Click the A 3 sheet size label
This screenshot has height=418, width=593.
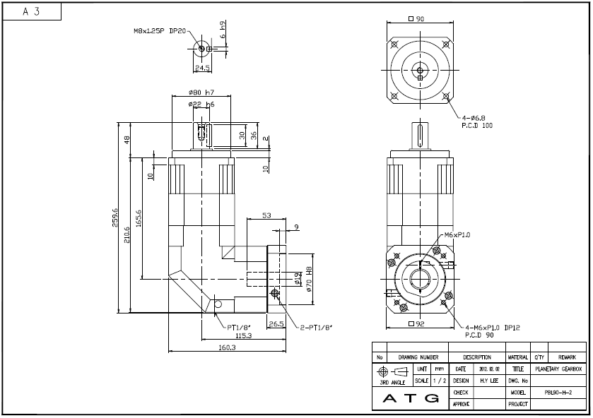(30, 11)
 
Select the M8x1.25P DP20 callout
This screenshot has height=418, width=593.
(160, 31)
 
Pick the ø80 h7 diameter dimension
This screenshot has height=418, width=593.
(201, 93)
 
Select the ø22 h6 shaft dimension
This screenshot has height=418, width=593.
(201, 104)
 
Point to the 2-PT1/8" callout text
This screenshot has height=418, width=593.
(316, 327)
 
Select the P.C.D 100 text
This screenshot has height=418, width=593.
(477, 125)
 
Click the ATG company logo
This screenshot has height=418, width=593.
(411, 398)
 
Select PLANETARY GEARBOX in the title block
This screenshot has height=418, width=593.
(558, 369)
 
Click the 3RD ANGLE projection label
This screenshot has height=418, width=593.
(392, 382)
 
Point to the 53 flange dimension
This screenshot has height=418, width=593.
(266, 215)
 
